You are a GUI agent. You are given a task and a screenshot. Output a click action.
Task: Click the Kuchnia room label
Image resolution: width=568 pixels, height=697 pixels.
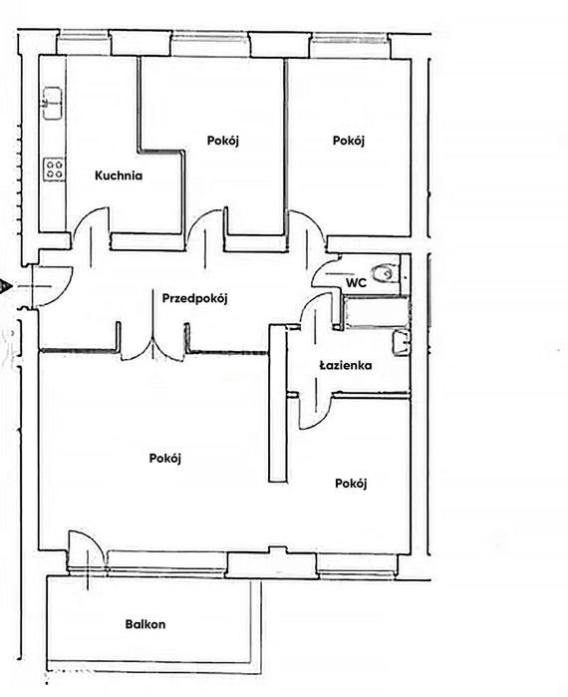click(x=119, y=175)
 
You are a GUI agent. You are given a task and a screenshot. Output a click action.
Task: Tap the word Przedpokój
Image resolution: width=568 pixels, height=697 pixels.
click(x=194, y=298)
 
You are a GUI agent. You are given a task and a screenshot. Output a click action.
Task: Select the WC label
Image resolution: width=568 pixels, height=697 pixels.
click(x=356, y=283)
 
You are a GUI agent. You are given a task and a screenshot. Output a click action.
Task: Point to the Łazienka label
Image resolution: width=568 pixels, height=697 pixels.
click(x=346, y=365)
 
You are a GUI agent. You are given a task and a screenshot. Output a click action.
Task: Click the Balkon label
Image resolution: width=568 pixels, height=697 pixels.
click(x=145, y=624)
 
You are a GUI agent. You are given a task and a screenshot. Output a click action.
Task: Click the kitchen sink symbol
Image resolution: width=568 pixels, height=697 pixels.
click(x=52, y=103)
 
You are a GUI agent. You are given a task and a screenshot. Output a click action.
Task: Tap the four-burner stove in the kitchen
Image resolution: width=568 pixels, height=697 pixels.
click(x=54, y=169)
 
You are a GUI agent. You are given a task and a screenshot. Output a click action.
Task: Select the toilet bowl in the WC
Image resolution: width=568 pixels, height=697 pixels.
click(x=384, y=273)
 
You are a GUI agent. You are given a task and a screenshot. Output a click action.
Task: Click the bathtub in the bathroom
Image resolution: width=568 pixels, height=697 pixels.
click(x=377, y=313)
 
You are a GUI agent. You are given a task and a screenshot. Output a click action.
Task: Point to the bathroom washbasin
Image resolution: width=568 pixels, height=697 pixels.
click(x=401, y=343)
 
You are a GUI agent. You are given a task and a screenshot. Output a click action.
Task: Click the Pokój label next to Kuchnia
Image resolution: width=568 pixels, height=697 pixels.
click(x=223, y=141)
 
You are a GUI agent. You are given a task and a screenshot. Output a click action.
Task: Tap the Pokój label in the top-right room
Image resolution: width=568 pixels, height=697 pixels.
click(x=349, y=141)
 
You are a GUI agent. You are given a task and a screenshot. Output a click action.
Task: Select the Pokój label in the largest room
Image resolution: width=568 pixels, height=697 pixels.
click(x=165, y=459)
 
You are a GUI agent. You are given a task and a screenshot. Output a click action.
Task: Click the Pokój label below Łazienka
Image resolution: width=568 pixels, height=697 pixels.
click(x=351, y=484)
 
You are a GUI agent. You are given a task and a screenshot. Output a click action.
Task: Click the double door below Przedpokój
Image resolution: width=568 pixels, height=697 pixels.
click(x=152, y=348)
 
